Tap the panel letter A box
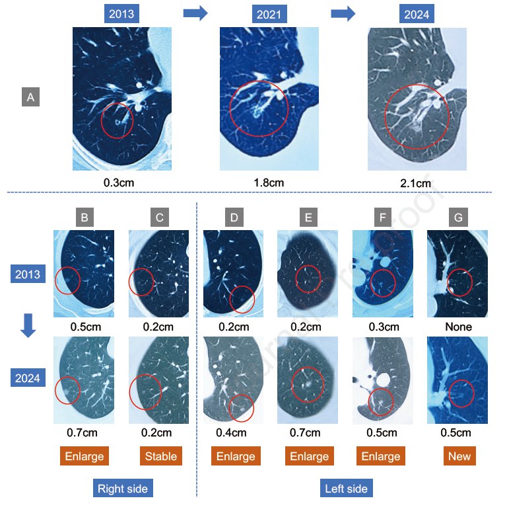[30, 97]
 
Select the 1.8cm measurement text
[269, 182]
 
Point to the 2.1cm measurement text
[417, 183]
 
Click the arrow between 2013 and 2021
[195, 13]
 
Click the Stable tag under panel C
[158, 456]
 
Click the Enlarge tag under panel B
[85, 456]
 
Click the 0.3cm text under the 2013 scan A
[122, 182]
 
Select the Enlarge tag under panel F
[381, 456]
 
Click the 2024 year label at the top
[417, 14]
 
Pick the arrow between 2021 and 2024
[343, 13]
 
